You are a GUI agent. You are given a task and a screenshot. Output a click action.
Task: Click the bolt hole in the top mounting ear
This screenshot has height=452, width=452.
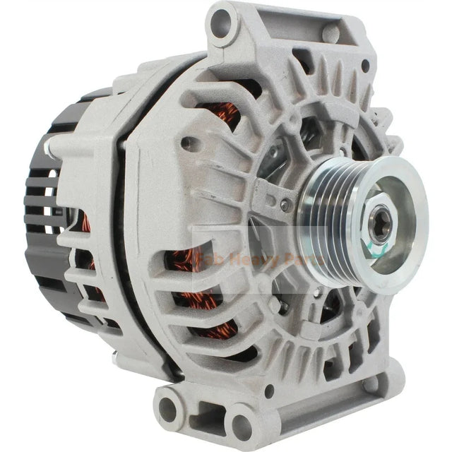click(x=221, y=23)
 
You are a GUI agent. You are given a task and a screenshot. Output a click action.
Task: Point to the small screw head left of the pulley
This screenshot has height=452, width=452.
click(x=285, y=206)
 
